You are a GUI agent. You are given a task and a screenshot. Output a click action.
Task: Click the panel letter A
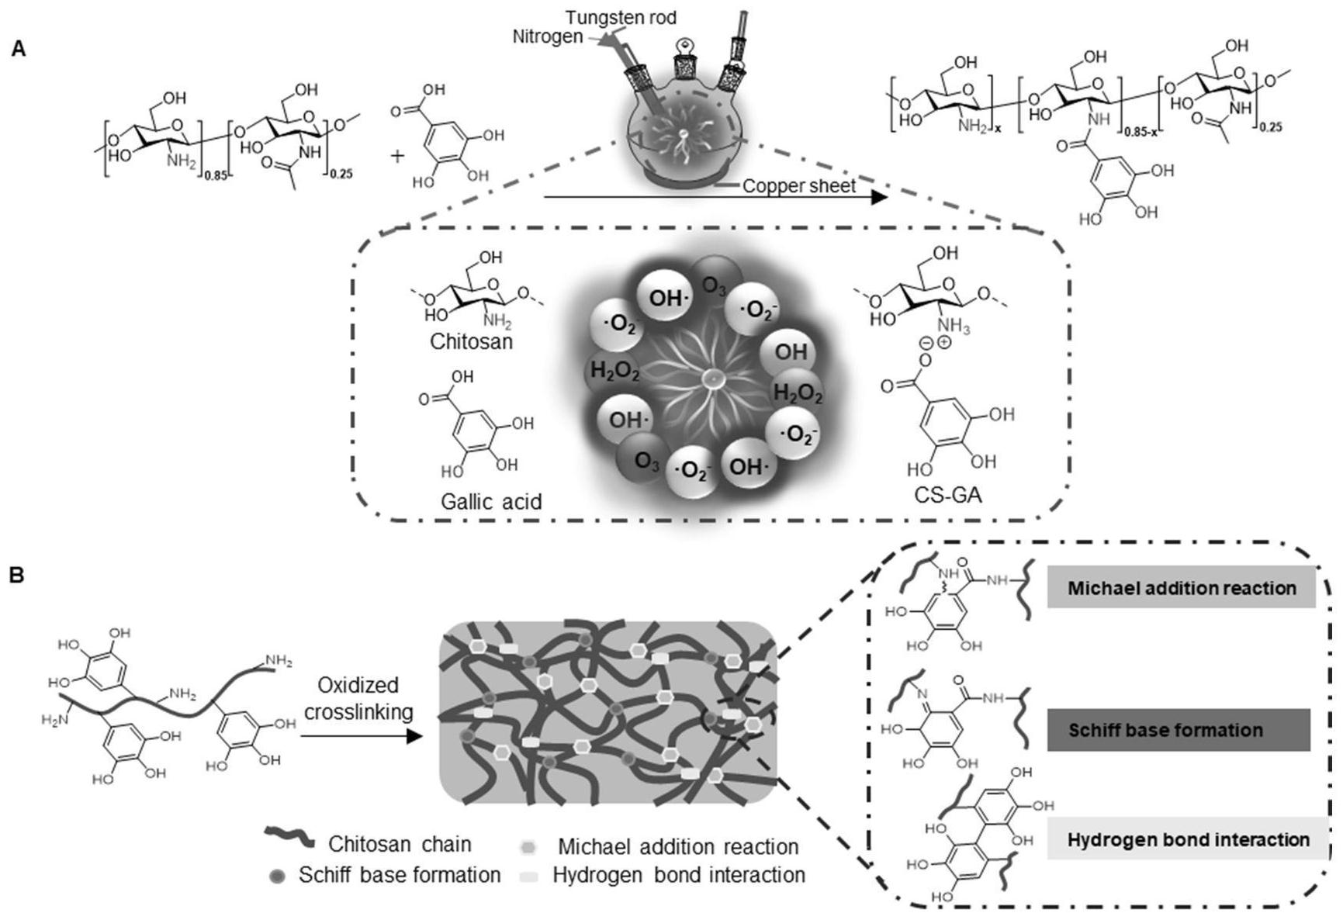[x=19, y=49]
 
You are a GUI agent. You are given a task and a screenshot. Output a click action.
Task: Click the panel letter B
[x=18, y=575]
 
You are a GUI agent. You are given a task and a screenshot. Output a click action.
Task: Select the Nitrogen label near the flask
[x=547, y=36]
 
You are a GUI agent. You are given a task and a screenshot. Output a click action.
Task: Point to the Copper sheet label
[x=799, y=186]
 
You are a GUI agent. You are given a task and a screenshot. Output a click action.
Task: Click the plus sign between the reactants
[x=397, y=156]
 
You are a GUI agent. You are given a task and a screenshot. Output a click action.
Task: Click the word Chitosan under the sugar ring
[x=471, y=341]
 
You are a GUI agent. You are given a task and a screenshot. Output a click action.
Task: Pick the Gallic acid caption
[x=491, y=501]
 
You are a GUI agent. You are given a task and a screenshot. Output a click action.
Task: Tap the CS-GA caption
[x=949, y=494]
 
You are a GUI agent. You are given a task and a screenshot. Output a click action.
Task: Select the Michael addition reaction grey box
[x=1181, y=588]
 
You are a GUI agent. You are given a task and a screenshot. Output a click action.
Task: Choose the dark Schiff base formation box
[x=1178, y=730]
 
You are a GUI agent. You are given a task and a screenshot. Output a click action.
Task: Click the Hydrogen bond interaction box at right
[x=1187, y=839]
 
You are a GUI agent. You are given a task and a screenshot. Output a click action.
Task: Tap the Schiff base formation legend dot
[x=277, y=876]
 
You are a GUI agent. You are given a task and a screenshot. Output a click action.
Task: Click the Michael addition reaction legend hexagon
[x=529, y=847]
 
